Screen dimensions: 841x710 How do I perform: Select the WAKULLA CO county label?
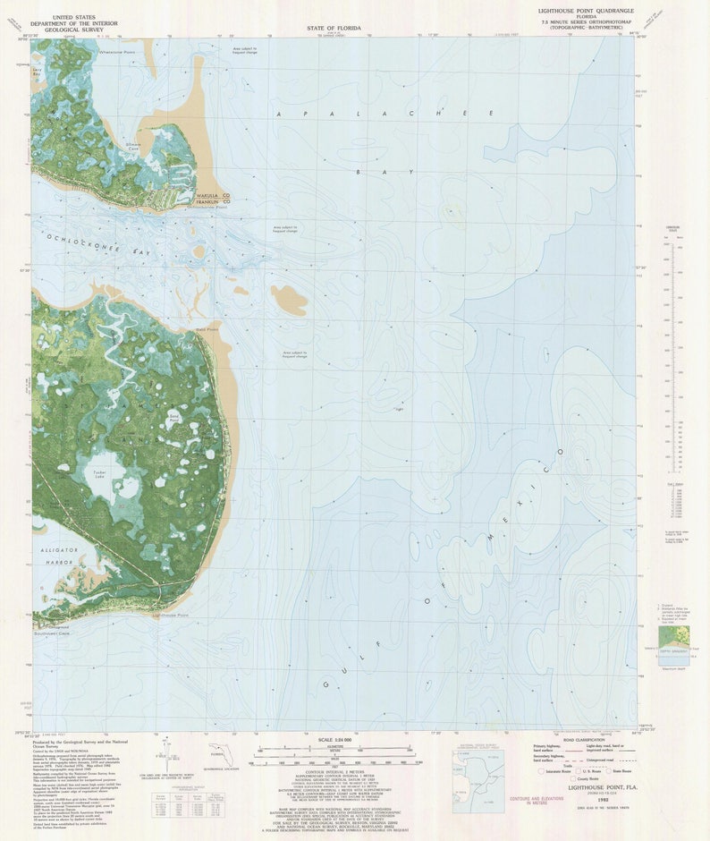point(214,195)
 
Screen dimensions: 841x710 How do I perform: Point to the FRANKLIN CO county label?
point(214,202)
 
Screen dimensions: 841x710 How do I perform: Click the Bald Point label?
point(207,329)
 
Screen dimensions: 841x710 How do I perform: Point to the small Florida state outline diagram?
point(218,753)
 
